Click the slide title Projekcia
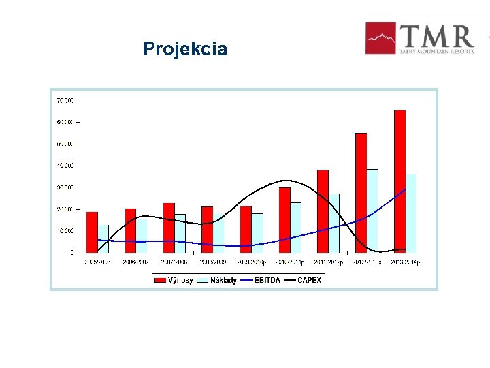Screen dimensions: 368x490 [x=185, y=49]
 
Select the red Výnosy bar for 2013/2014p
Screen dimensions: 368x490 [x=399, y=181]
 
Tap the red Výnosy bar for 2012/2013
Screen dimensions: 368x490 [x=361, y=192]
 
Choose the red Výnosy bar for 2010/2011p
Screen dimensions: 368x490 [x=284, y=219]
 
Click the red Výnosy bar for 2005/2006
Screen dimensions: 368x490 [x=92, y=232]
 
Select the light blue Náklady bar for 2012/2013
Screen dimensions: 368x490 [x=373, y=211]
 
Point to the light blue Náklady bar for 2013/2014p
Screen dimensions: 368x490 [x=411, y=213]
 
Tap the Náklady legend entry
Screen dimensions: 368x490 [x=217, y=280]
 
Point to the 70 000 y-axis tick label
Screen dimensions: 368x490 [x=65, y=100]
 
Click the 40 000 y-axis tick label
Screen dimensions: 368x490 [x=65, y=166]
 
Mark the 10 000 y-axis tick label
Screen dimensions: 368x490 [x=65, y=231]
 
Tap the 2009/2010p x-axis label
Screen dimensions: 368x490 [x=251, y=262]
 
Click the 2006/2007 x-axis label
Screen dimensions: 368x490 [x=136, y=262]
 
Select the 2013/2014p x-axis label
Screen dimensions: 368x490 [x=405, y=262]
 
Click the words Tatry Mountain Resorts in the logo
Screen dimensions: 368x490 [x=437, y=50]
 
